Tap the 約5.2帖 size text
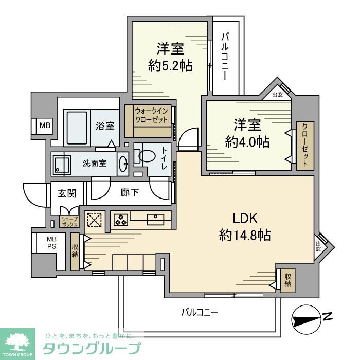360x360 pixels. point(170,65)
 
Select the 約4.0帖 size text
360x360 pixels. point(247,141)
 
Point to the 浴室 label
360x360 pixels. point(105,126)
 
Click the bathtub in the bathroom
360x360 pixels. point(78,127)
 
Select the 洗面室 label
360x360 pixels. point(95,164)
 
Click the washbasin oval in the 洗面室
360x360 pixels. point(123,164)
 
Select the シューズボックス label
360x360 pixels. point(69,222)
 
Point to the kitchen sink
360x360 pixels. point(155,220)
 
